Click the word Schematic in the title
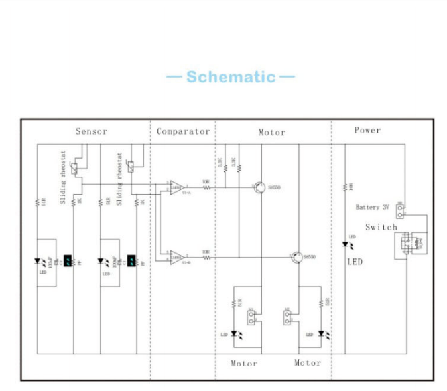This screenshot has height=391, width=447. [230, 77]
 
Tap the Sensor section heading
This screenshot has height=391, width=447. [91, 131]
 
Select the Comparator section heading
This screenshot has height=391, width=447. [183, 131]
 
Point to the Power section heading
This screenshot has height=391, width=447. [367, 130]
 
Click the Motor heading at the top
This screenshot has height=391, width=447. [271, 132]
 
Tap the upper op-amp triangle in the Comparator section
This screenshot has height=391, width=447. [176, 188]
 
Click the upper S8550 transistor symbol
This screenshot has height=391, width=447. [257, 188]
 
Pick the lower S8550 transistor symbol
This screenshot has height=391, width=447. [294, 256]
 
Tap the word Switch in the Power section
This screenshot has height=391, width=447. [381, 227]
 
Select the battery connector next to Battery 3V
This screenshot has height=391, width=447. [400, 212]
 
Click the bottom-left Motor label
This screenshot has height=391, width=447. [243, 363]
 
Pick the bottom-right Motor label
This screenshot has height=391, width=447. [307, 362]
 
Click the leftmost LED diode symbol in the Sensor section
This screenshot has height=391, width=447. [38, 262]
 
